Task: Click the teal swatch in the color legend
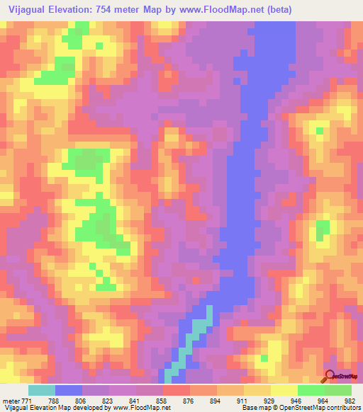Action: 42,390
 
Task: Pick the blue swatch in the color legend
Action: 69,390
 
